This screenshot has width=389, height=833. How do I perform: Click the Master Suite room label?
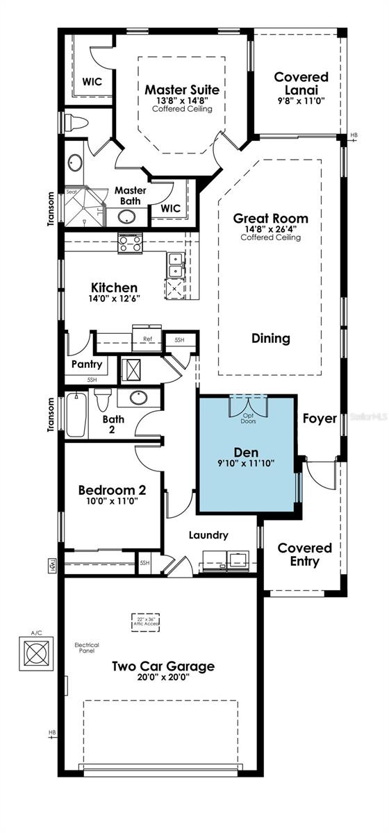182,90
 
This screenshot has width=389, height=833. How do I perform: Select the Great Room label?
271,219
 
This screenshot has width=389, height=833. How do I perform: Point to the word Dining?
271,339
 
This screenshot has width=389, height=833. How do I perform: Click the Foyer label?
320,419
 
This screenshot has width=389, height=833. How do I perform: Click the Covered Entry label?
305,555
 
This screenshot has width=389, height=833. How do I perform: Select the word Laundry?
209,535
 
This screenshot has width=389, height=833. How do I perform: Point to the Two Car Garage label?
163,666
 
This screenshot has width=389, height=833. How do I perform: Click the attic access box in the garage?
147,623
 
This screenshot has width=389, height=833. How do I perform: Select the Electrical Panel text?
87,648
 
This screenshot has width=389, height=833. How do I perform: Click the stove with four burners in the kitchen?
130,243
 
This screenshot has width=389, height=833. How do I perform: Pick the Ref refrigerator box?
147,339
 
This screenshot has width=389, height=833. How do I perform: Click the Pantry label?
87,364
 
